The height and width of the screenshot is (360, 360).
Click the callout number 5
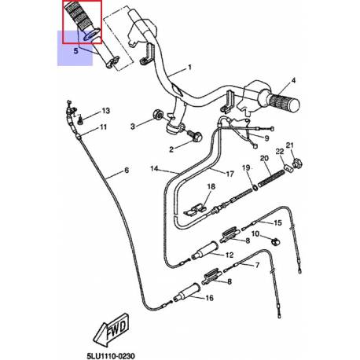75,50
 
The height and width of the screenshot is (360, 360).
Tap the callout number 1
189,68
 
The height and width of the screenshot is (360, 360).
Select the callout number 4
293,80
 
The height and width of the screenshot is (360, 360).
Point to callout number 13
105,111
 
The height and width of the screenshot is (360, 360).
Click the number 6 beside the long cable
127,171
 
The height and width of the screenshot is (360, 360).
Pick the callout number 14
154,168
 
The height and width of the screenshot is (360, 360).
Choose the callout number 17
230,174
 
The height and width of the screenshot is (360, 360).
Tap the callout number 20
264,158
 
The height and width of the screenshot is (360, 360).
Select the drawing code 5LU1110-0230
111,356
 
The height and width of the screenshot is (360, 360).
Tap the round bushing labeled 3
158,115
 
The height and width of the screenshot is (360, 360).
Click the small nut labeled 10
275,241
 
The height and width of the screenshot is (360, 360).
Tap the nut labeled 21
297,163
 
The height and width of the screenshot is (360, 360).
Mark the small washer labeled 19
255,187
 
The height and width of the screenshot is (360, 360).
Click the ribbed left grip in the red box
79,18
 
